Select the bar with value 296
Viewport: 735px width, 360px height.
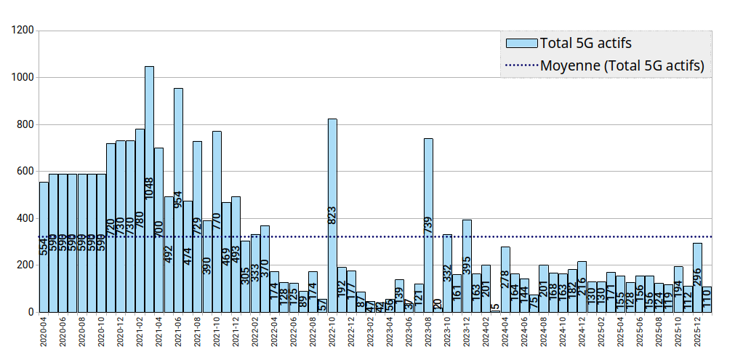pos(697,269)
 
